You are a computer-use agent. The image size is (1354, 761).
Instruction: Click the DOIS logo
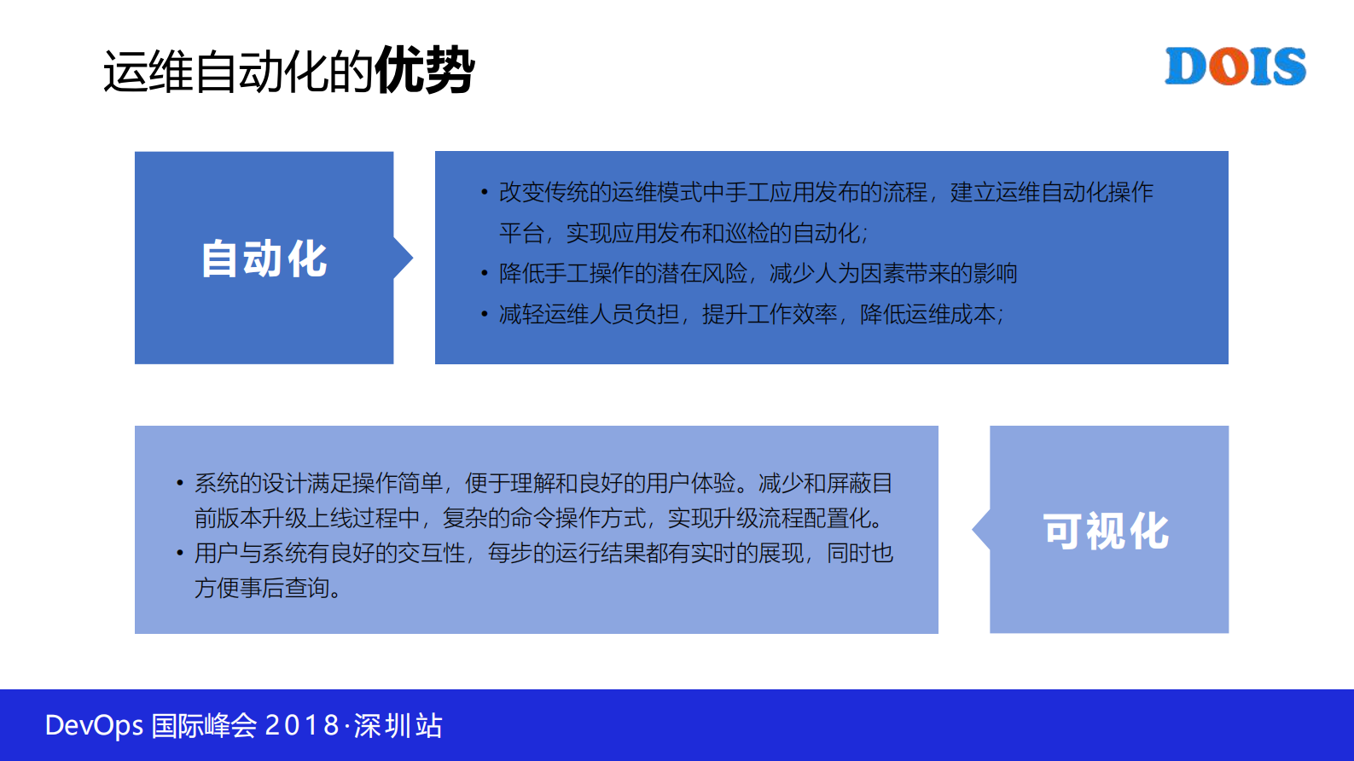1235,67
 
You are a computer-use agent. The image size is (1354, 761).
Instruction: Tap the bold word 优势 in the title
425,70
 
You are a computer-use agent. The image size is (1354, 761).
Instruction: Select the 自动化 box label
264,259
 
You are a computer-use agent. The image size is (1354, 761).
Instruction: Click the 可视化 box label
1106,531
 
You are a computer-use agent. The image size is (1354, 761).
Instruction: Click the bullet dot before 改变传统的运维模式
484,193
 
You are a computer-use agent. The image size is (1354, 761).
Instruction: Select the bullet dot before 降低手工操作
484,274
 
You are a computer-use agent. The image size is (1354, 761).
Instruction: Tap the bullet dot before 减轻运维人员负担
484,315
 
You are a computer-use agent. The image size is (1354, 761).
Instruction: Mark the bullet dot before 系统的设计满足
179,484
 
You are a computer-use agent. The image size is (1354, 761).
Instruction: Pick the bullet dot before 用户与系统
179,554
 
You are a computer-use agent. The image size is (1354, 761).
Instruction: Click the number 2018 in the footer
303,725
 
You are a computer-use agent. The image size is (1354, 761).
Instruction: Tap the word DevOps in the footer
94,725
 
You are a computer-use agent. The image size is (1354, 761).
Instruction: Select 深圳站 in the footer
398,725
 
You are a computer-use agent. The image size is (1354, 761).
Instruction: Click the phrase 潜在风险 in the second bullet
702,274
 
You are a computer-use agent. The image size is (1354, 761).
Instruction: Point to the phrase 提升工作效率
770,315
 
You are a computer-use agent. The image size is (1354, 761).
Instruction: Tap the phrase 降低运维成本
927,315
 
